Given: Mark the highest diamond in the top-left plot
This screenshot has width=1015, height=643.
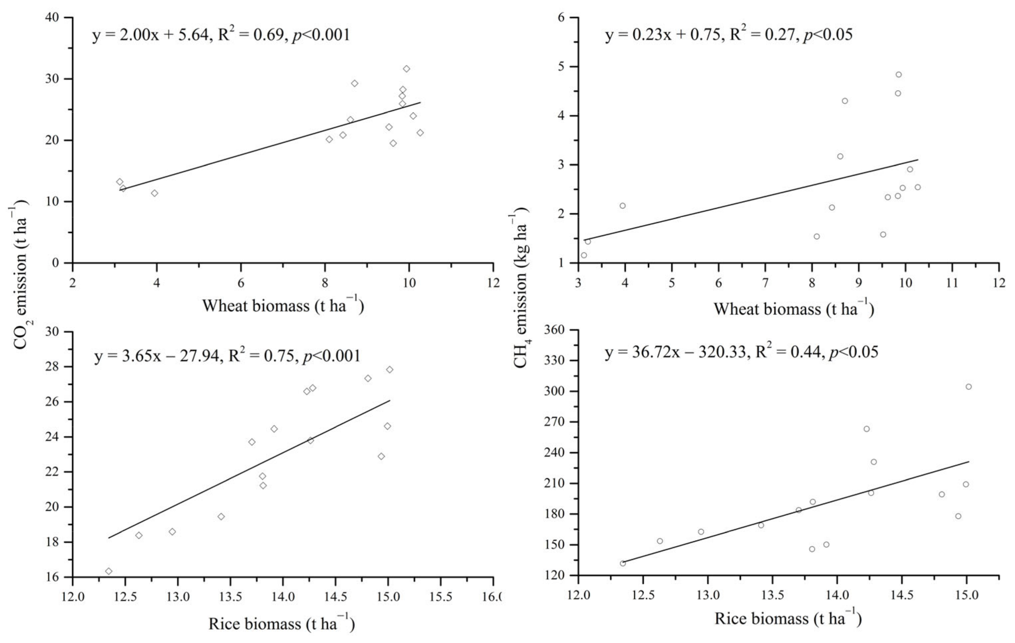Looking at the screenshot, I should (x=406, y=69).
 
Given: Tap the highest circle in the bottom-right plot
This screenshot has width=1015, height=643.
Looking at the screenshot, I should (x=969, y=387).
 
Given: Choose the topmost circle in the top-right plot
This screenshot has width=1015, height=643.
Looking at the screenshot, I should (x=899, y=75).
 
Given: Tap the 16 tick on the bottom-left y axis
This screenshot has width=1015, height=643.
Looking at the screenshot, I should (x=59, y=577).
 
